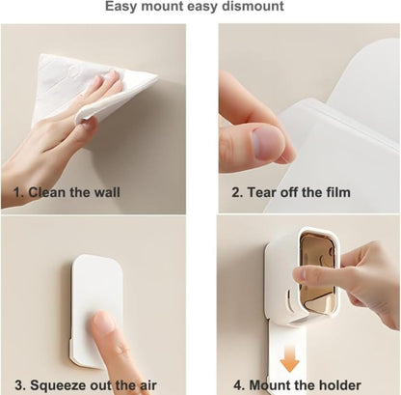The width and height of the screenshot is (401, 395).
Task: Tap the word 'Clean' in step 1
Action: pyautogui.click(x=47, y=192)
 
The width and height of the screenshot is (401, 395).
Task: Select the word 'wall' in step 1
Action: pyautogui.click(x=107, y=192)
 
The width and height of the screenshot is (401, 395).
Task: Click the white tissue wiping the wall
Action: pyautogui.click(x=94, y=89)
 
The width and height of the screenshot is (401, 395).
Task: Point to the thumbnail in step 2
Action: pyautogui.click(x=268, y=142)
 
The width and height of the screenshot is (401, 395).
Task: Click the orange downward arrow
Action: pyautogui.click(x=289, y=358)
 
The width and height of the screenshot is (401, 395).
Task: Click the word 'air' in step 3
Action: pyautogui.click(x=147, y=385)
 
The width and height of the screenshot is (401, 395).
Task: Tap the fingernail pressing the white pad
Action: pyautogui.click(x=103, y=322)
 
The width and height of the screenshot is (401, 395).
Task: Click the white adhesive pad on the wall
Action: pyautogui.click(x=96, y=312)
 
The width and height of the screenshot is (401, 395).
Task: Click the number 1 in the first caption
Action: pyautogui.click(x=17, y=192)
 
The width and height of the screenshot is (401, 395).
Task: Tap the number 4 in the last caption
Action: pyautogui.click(x=238, y=385)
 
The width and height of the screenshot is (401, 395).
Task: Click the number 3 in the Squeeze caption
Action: pyautogui.click(x=20, y=385)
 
